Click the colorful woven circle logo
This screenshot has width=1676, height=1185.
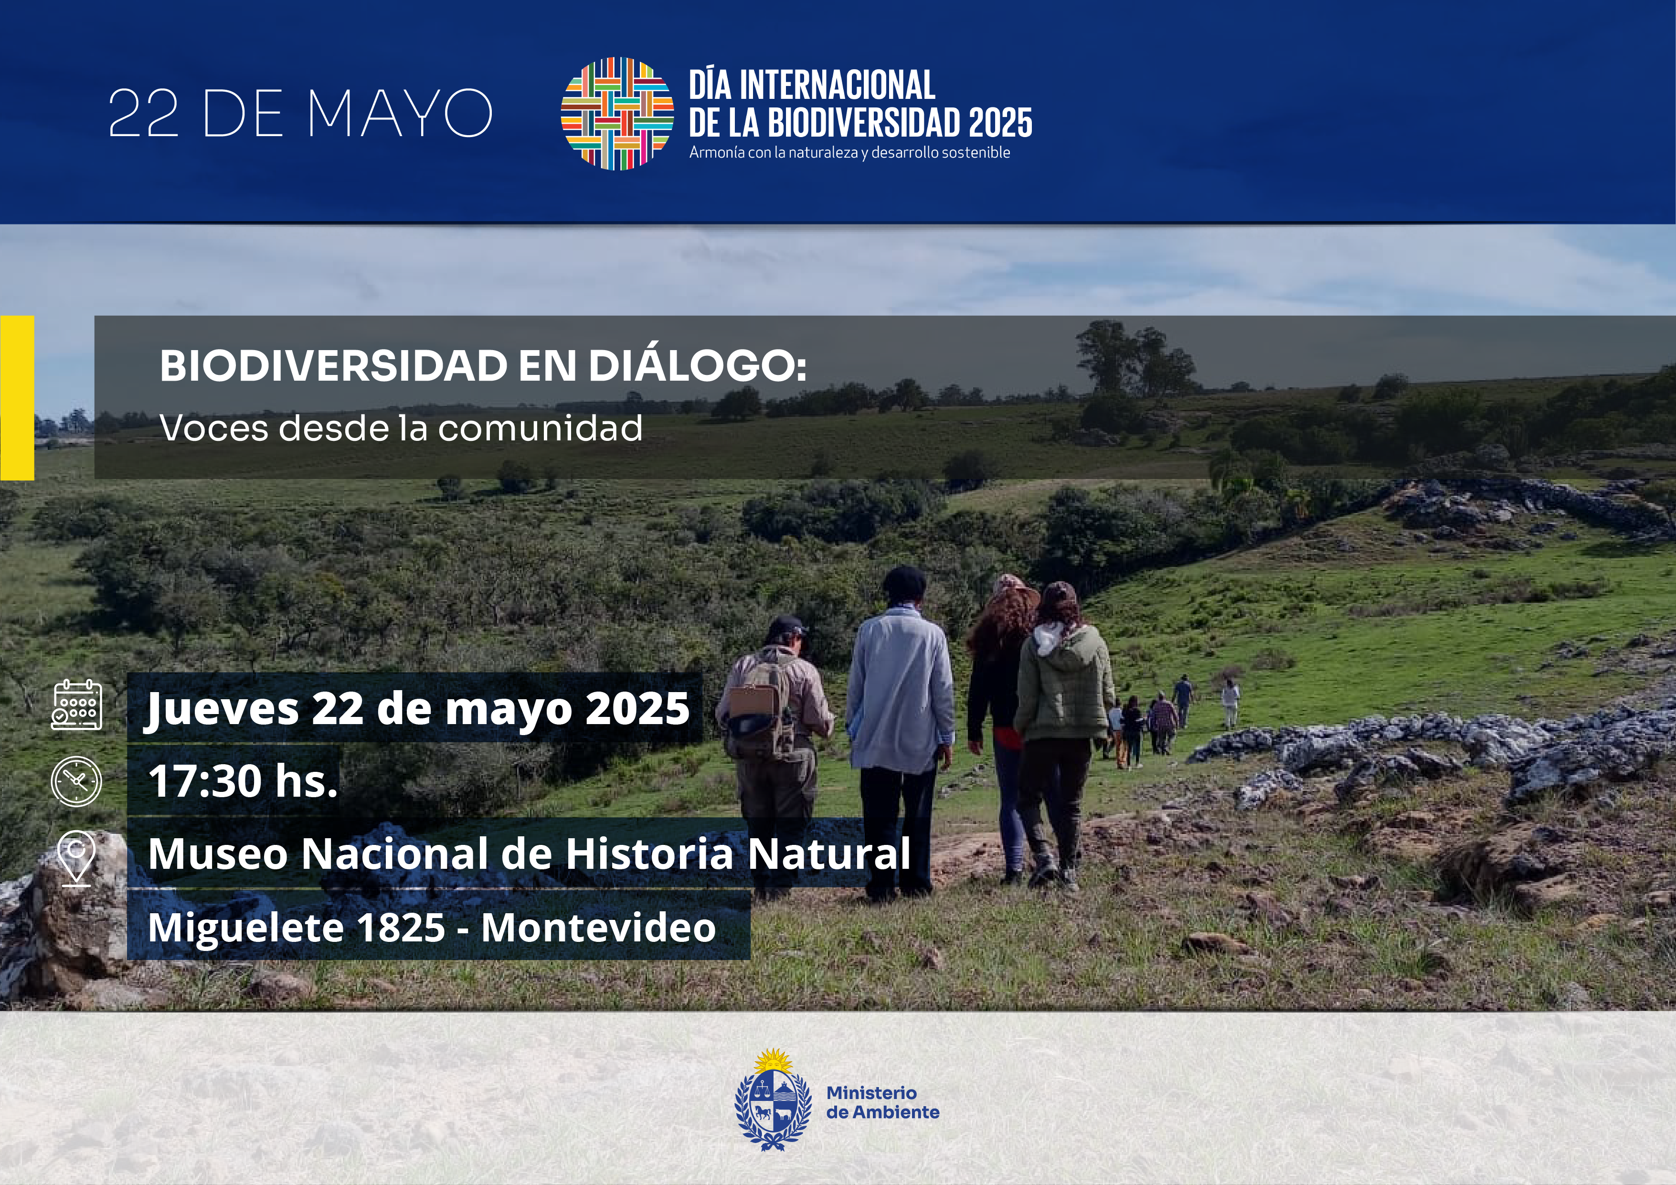(x=617, y=113)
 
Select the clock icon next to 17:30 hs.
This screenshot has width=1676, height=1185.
(x=77, y=781)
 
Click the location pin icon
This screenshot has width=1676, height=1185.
(x=77, y=858)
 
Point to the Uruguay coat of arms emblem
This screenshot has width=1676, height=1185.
(x=773, y=1100)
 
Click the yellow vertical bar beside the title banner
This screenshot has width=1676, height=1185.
(x=17, y=398)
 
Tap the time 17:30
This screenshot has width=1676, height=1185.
(x=205, y=780)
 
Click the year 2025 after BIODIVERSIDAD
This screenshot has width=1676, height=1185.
(x=1001, y=123)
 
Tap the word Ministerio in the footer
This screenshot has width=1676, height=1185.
(x=871, y=1093)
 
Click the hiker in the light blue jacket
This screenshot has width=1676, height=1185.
(x=899, y=730)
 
